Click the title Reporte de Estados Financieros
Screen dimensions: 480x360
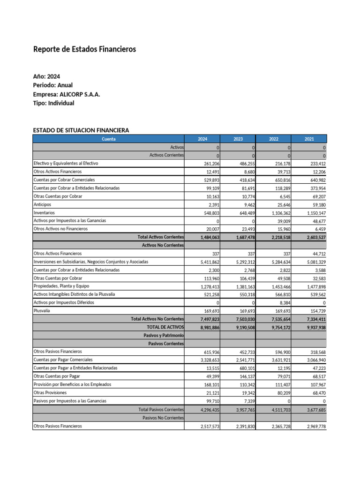(x=84, y=49)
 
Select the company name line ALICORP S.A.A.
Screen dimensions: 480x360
(x=67, y=94)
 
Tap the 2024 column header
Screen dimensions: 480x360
(x=202, y=139)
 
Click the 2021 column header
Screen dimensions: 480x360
(x=309, y=139)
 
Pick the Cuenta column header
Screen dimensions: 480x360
(x=108, y=139)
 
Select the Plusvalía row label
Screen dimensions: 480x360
(x=42, y=310)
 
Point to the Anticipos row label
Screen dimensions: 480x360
(x=43, y=204)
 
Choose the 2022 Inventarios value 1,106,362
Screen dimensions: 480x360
(x=277, y=212)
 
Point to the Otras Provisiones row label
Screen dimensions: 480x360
(x=50, y=392)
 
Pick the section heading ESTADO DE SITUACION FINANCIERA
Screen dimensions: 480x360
(x=81, y=130)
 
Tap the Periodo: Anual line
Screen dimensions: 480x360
(x=53, y=85)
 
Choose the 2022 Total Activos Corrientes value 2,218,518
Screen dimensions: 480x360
(x=277, y=237)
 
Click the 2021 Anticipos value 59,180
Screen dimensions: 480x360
(x=316, y=204)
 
